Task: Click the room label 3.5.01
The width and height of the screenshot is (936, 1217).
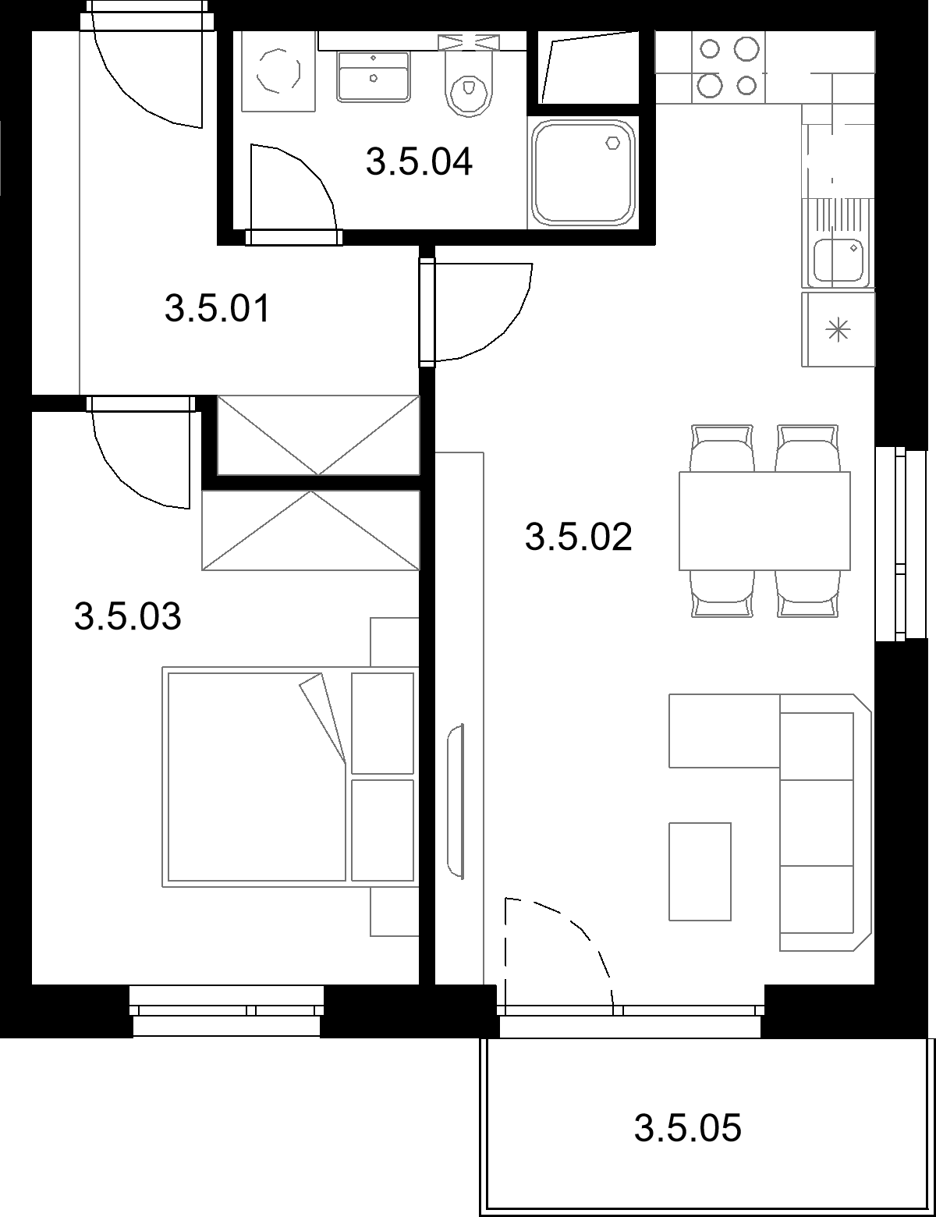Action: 218,309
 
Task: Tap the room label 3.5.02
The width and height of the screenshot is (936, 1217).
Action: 578,537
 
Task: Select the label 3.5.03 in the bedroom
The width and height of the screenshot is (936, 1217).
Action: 128,616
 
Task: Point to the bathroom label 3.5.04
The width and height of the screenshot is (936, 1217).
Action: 420,161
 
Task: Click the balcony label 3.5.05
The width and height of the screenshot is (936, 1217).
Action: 687,1128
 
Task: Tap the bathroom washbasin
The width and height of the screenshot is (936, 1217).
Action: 373,76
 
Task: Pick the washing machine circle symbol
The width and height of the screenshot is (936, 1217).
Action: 278,71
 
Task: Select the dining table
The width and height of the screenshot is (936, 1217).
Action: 764,521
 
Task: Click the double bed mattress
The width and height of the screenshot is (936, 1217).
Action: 257,776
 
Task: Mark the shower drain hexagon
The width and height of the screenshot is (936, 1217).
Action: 613,143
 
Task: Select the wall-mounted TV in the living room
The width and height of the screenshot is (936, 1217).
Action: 456,801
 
